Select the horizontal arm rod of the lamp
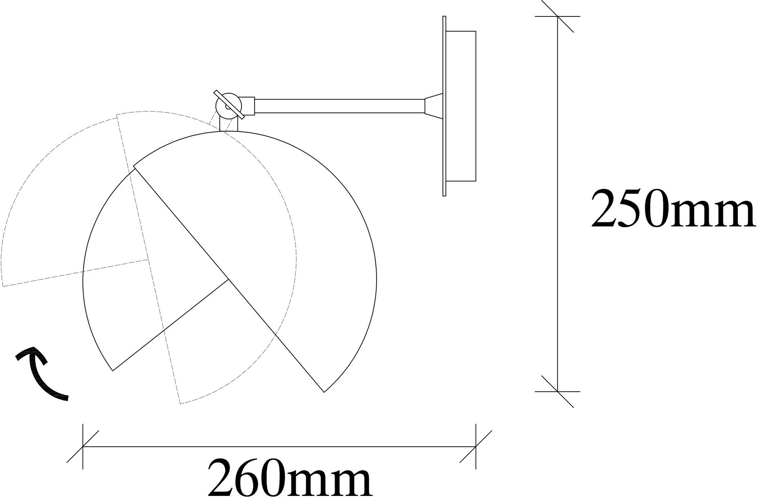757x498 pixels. pyautogui.click(x=339, y=106)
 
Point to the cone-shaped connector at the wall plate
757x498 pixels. pyautogui.click(x=434, y=106)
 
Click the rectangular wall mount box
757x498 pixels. pyautogui.click(x=461, y=106)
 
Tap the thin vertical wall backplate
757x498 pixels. pyautogui.click(x=444, y=106)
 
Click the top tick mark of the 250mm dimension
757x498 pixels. pyautogui.click(x=558, y=16)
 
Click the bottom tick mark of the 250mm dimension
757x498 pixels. pyautogui.click(x=558, y=391)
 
